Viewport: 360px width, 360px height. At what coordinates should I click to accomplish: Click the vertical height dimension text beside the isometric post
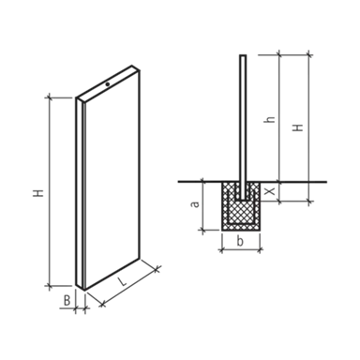click(x=36, y=195)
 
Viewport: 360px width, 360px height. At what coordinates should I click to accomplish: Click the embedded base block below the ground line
click(x=236, y=207)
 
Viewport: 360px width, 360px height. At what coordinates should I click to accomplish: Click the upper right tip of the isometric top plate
click(x=138, y=64)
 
